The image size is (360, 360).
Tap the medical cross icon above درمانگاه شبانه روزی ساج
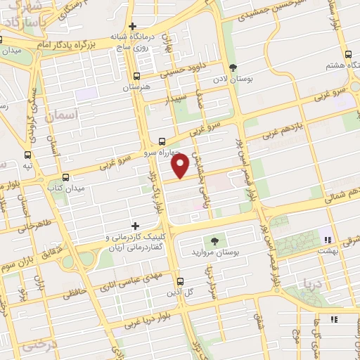132,27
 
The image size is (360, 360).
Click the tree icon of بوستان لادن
233,69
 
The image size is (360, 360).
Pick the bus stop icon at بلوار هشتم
348,54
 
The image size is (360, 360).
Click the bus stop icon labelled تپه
27,155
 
